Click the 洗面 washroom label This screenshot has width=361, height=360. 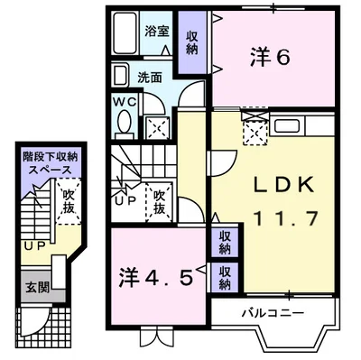pos(151,78)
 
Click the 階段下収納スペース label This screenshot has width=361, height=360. pos(51,163)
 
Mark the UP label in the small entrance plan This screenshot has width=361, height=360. pos(34,245)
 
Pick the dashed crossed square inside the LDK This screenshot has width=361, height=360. pos(256,132)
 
